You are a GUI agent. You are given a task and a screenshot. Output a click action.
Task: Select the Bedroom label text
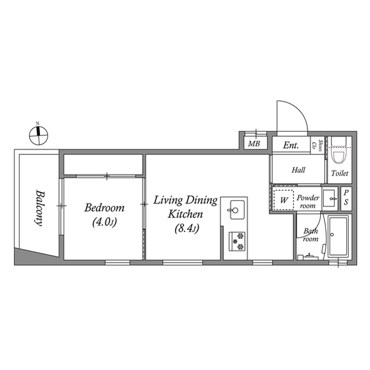(x=105, y=208)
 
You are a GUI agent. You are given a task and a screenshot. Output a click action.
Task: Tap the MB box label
(x=254, y=144)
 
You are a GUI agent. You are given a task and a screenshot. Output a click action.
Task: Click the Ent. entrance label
(x=291, y=146)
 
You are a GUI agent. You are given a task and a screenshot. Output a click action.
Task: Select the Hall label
(x=298, y=170)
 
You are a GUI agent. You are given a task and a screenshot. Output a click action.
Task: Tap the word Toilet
(x=339, y=173)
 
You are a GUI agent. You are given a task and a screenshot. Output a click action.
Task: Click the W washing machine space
(x=284, y=199)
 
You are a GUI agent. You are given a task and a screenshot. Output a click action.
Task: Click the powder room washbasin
(x=329, y=198)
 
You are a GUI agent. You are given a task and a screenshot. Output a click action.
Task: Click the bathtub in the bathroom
(x=337, y=237)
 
